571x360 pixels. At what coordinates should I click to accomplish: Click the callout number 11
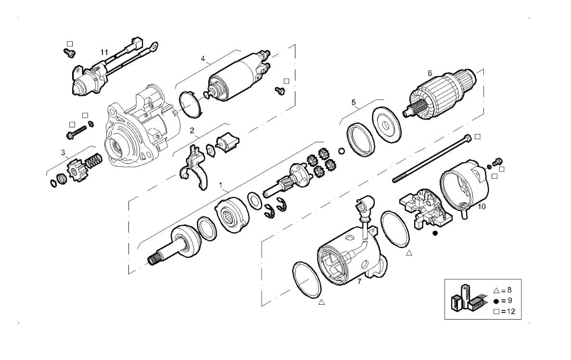(104, 52)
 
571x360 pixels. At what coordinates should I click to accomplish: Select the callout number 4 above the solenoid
(203, 59)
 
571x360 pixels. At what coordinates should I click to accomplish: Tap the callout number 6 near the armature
(430, 73)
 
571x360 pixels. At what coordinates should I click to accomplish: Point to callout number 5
(354, 102)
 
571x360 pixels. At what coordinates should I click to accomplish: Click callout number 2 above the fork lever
(192, 130)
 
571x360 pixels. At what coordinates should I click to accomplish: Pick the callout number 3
(63, 153)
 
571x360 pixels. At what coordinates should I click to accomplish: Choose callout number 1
(221, 185)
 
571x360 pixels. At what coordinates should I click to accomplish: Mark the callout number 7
(359, 282)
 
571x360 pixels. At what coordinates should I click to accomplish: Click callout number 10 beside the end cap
(482, 207)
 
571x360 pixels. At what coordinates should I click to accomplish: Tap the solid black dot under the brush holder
(435, 234)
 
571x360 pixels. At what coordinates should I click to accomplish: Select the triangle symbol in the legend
(497, 290)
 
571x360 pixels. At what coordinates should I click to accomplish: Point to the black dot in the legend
(497, 301)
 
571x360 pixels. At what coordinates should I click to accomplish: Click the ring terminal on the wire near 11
(154, 47)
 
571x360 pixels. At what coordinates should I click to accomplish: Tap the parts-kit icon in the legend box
(465, 298)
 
